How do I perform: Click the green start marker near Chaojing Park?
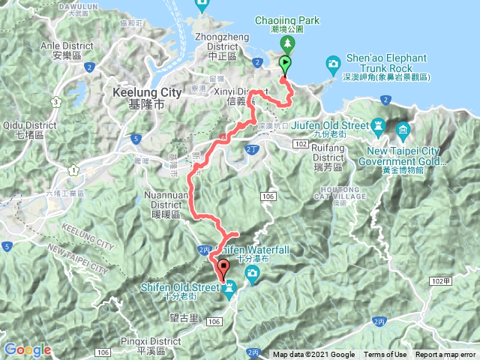(285, 65)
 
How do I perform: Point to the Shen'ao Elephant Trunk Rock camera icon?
(332, 64)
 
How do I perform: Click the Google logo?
(27, 349)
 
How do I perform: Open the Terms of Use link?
(385, 355)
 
